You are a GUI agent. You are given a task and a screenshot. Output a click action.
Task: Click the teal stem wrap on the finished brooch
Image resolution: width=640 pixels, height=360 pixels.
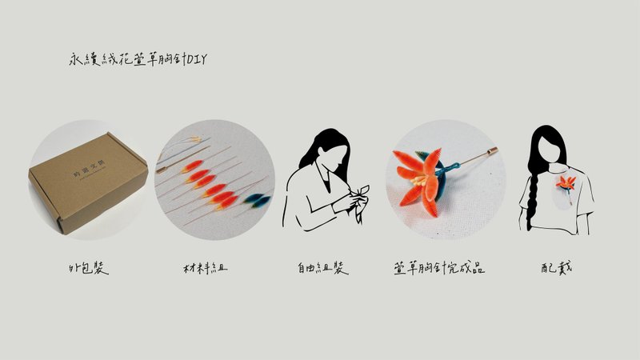(454, 168)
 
